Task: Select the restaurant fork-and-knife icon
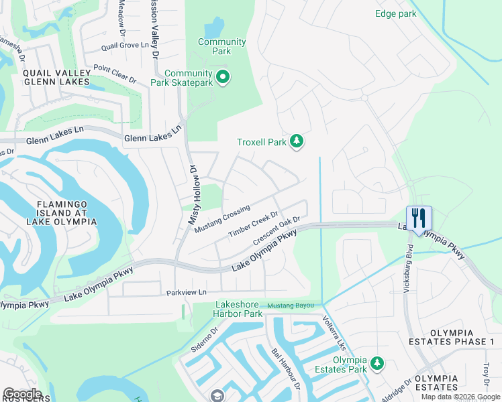tap(419, 218)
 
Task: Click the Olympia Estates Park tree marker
tap(377, 364)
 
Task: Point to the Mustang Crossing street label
tap(222, 219)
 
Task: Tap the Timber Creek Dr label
tap(253, 224)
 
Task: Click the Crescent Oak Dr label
tap(275, 230)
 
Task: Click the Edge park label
tap(396, 13)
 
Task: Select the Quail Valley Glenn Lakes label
tap(56, 77)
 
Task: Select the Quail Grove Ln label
tap(125, 46)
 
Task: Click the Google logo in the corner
tap(22, 393)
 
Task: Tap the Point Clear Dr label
tap(115, 74)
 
